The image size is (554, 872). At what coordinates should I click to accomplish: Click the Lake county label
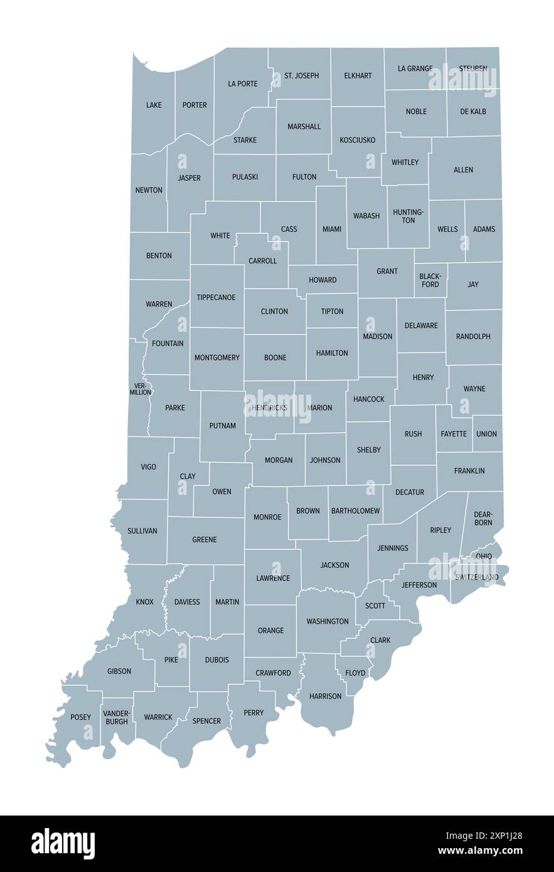coord(154,105)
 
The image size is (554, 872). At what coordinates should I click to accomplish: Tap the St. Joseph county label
coord(301,75)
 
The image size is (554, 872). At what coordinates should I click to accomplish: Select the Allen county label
coord(463,169)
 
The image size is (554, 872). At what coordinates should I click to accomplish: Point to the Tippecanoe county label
coord(216,297)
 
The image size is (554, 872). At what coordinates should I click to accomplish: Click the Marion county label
coord(320,408)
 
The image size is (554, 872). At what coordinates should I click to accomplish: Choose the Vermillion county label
coord(141,389)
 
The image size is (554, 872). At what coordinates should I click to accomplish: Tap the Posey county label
coord(80,717)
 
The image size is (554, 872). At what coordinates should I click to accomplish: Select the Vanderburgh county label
coord(117,717)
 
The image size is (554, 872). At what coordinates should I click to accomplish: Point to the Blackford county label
coord(430,280)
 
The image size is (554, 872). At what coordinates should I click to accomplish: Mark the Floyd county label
coord(355,673)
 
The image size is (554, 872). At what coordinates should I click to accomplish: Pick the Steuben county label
coord(473,68)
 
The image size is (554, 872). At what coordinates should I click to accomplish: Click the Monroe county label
coord(267,517)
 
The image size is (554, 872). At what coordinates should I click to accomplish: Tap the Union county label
coord(486,433)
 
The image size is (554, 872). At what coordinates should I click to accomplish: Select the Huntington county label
coord(408,216)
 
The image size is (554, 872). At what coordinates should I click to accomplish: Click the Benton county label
coord(159,255)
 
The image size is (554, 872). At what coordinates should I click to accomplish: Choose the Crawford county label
coord(273,673)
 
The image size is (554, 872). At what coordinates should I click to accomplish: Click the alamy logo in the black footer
coord(63,843)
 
